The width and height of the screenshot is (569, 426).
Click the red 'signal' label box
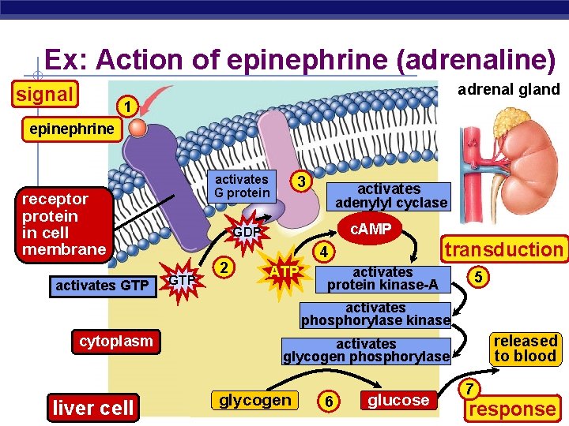pyautogui.click(x=44, y=95)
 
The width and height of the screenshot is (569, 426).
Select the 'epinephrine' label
pyautogui.click(x=72, y=129)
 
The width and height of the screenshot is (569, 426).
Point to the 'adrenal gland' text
pyautogui.click(x=508, y=89)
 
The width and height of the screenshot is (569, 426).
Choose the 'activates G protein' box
pyautogui.click(x=242, y=186)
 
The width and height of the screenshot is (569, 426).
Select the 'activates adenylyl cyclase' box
pyautogui.click(x=389, y=196)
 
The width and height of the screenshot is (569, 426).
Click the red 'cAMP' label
pyautogui.click(x=371, y=229)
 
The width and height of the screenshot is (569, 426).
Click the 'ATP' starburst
pyautogui.click(x=284, y=272)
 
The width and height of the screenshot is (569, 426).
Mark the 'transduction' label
pyautogui.click(x=503, y=249)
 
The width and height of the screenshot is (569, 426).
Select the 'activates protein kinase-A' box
pyautogui.click(x=382, y=278)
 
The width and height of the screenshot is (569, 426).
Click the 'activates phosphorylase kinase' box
pyautogui.click(x=375, y=314)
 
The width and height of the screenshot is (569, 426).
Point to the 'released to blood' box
pyautogui.click(x=525, y=348)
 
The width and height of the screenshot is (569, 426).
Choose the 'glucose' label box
pyautogui.click(x=398, y=400)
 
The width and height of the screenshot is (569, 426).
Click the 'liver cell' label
pyautogui.click(x=92, y=408)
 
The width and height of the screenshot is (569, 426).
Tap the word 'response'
pyautogui.click(x=511, y=409)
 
